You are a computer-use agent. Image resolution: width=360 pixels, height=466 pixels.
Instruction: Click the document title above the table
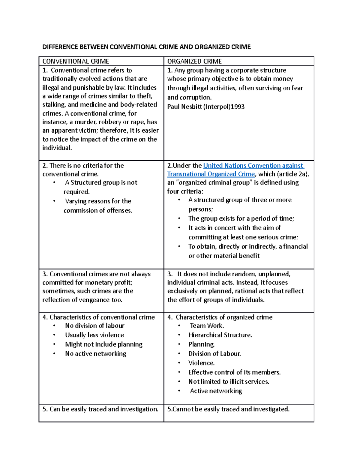pyautogui.click(x=146, y=47)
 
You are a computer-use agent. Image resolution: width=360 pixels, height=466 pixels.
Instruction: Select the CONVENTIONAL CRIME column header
pyautogui.click(x=76, y=61)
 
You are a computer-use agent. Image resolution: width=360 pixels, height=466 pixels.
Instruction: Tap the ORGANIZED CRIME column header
pyautogui.click(x=194, y=61)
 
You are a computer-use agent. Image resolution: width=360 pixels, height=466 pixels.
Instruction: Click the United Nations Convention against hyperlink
pyautogui.click(x=253, y=165)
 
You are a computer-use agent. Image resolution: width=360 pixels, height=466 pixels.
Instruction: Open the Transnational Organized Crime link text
pyautogui.click(x=211, y=174)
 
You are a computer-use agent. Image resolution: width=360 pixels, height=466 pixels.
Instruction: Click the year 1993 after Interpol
pyautogui.click(x=237, y=107)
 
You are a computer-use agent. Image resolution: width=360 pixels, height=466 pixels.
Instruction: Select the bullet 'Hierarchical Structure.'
pyautogui.click(x=220, y=335)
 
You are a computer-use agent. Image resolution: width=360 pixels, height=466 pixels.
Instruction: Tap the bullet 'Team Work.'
pyautogui.click(x=207, y=326)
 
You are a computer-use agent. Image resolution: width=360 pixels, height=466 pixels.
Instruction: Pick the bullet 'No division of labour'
pyautogui.click(x=94, y=326)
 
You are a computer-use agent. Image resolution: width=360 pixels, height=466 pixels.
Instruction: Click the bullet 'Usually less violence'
pyautogui.click(x=94, y=335)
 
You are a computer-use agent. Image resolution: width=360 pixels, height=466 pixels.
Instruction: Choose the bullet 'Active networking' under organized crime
pyautogui.click(x=216, y=391)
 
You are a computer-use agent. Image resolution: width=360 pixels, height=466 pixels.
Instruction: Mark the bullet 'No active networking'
pyautogui.click(x=95, y=353)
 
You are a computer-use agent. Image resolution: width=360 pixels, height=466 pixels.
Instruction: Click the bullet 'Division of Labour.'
pyautogui.click(x=214, y=353)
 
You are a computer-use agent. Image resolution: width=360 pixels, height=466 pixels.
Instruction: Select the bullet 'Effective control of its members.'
pyautogui.click(x=234, y=372)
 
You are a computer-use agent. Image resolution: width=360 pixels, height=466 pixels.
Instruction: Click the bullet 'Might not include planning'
pyautogui.click(x=103, y=344)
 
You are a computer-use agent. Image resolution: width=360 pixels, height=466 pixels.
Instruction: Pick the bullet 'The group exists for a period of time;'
pyautogui.click(x=241, y=218)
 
